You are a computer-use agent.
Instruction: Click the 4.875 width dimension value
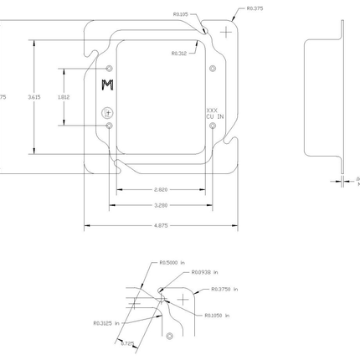[x=161, y=224]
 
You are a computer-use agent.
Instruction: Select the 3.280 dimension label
[x=161, y=204]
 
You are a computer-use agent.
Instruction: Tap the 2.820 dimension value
[x=161, y=190]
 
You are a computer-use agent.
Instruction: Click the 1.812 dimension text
[x=63, y=97]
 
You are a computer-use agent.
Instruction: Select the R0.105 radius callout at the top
[x=180, y=14]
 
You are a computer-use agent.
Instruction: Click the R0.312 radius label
[x=178, y=53]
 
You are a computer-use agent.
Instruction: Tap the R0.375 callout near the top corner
[x=255, y=8]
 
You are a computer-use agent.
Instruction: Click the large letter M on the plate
[x=106, y=85]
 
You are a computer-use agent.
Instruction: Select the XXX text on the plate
[x=212, y=110]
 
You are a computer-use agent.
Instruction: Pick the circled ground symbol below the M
[x=106, y=112]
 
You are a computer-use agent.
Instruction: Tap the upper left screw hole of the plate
[x=110, y=67]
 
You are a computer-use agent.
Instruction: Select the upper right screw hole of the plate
[x=213, y=67]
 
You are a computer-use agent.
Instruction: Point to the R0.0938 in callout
[x=204, y=271]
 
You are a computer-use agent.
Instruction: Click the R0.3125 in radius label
[x=106, y=322]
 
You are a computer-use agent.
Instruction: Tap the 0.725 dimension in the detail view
[x=126, y=342]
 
